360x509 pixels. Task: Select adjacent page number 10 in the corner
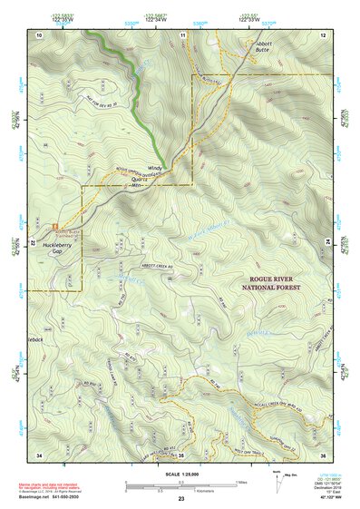click(x=40, y=34)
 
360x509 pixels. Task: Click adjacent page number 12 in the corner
click(x=323, y=34)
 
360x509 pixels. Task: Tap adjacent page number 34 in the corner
click(x=40, y=454)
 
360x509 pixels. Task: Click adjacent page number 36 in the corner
click(x=323, y=454)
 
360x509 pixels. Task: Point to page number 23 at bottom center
click(x=181, y=499)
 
